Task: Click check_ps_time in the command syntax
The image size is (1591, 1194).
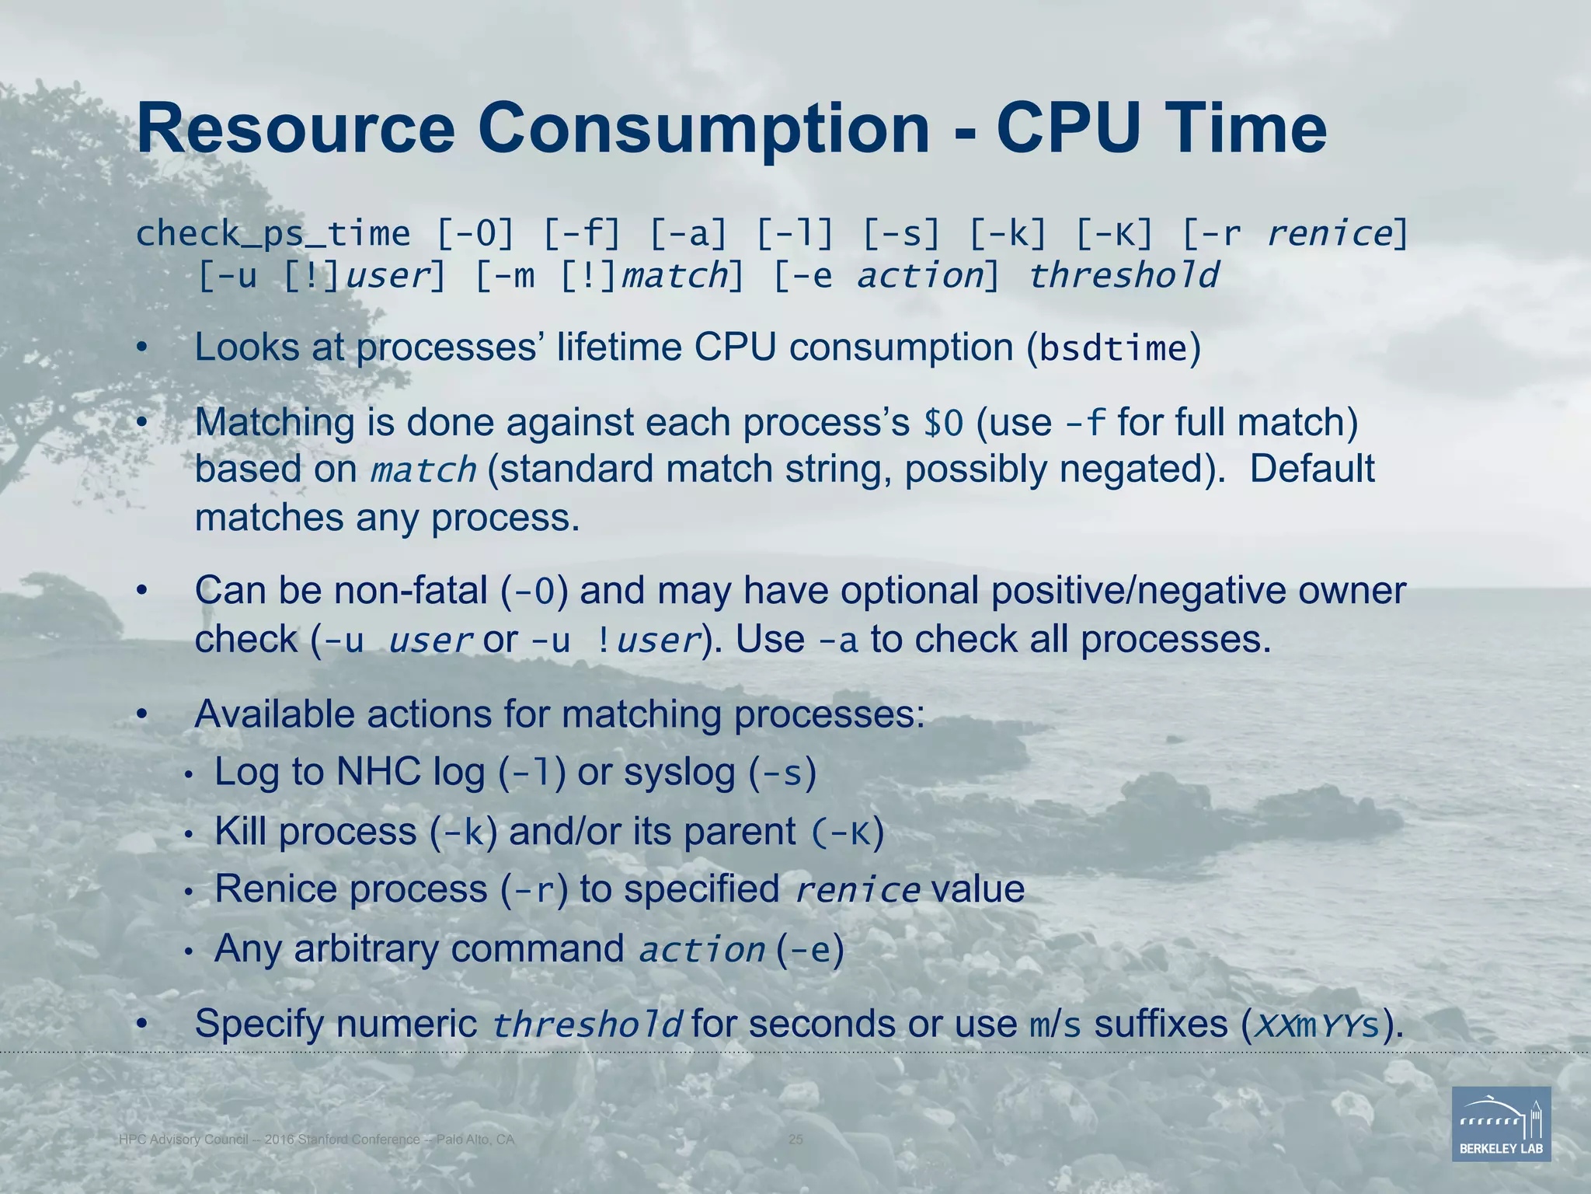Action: click(273, 234)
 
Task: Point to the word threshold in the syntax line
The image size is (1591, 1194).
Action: click(1123, 276)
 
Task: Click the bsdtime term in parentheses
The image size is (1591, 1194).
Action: click(1113, 349)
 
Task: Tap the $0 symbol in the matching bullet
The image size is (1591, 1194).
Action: click(943, 424)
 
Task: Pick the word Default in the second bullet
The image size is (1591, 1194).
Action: click(1311, 469)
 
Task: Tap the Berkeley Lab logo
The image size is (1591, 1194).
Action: click(1501, 1123)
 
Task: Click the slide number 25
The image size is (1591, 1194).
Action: click(795, 1140)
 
